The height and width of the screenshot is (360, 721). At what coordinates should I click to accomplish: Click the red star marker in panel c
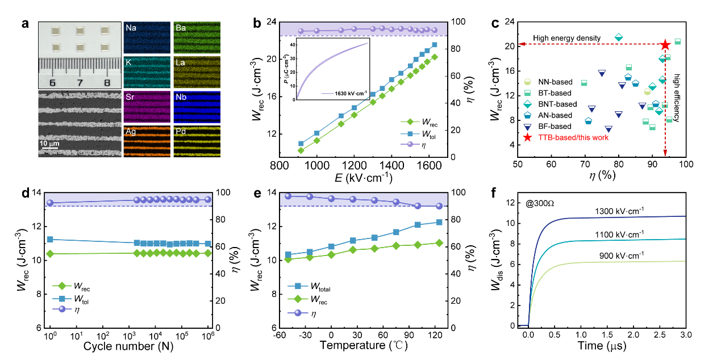(665, 45)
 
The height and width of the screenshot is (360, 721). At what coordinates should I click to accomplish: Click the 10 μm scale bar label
(49, 144)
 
